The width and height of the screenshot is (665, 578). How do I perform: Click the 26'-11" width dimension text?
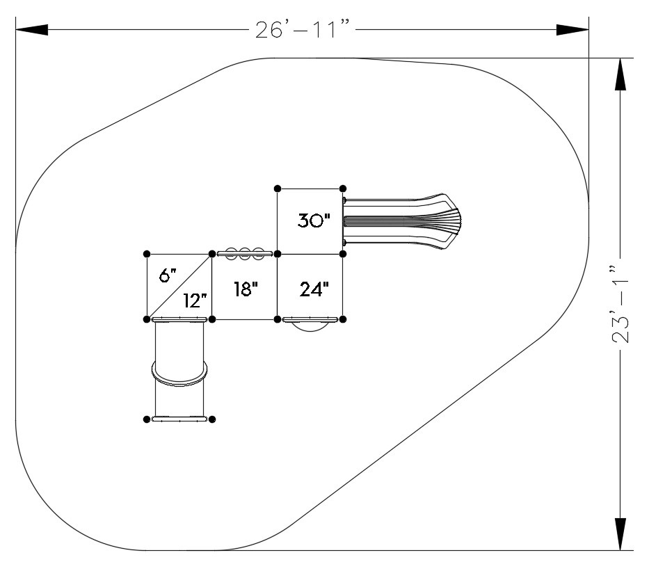(303, 30)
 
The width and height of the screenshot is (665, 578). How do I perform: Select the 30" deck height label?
(314, 220)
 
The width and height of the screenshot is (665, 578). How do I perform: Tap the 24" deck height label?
(314, 289)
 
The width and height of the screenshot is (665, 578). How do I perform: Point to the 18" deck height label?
(246, 289)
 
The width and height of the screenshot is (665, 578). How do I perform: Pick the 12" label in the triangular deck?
(195, 300)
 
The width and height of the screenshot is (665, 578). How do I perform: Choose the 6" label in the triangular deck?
(168, 275)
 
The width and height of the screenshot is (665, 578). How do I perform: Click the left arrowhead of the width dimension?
(32, 30)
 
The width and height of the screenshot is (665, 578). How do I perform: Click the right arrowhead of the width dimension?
(572, 30)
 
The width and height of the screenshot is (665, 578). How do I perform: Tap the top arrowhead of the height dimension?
(620, 74)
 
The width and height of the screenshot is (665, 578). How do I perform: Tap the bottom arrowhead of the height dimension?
(620, 534)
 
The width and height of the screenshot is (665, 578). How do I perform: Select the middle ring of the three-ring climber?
(245, 254)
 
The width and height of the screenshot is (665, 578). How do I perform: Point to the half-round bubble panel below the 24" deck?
(310, 324)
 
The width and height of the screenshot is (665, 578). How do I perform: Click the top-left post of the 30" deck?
(278, 188)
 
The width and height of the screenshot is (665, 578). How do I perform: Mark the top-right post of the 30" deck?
(343, 188)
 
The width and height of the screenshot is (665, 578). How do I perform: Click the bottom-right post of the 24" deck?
(343, 319)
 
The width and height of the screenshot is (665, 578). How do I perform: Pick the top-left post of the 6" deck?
(147, 254)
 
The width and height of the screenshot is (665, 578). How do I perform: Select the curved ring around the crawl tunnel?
(180, 374)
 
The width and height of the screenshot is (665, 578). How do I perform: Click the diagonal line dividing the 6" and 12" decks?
(179, 287)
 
